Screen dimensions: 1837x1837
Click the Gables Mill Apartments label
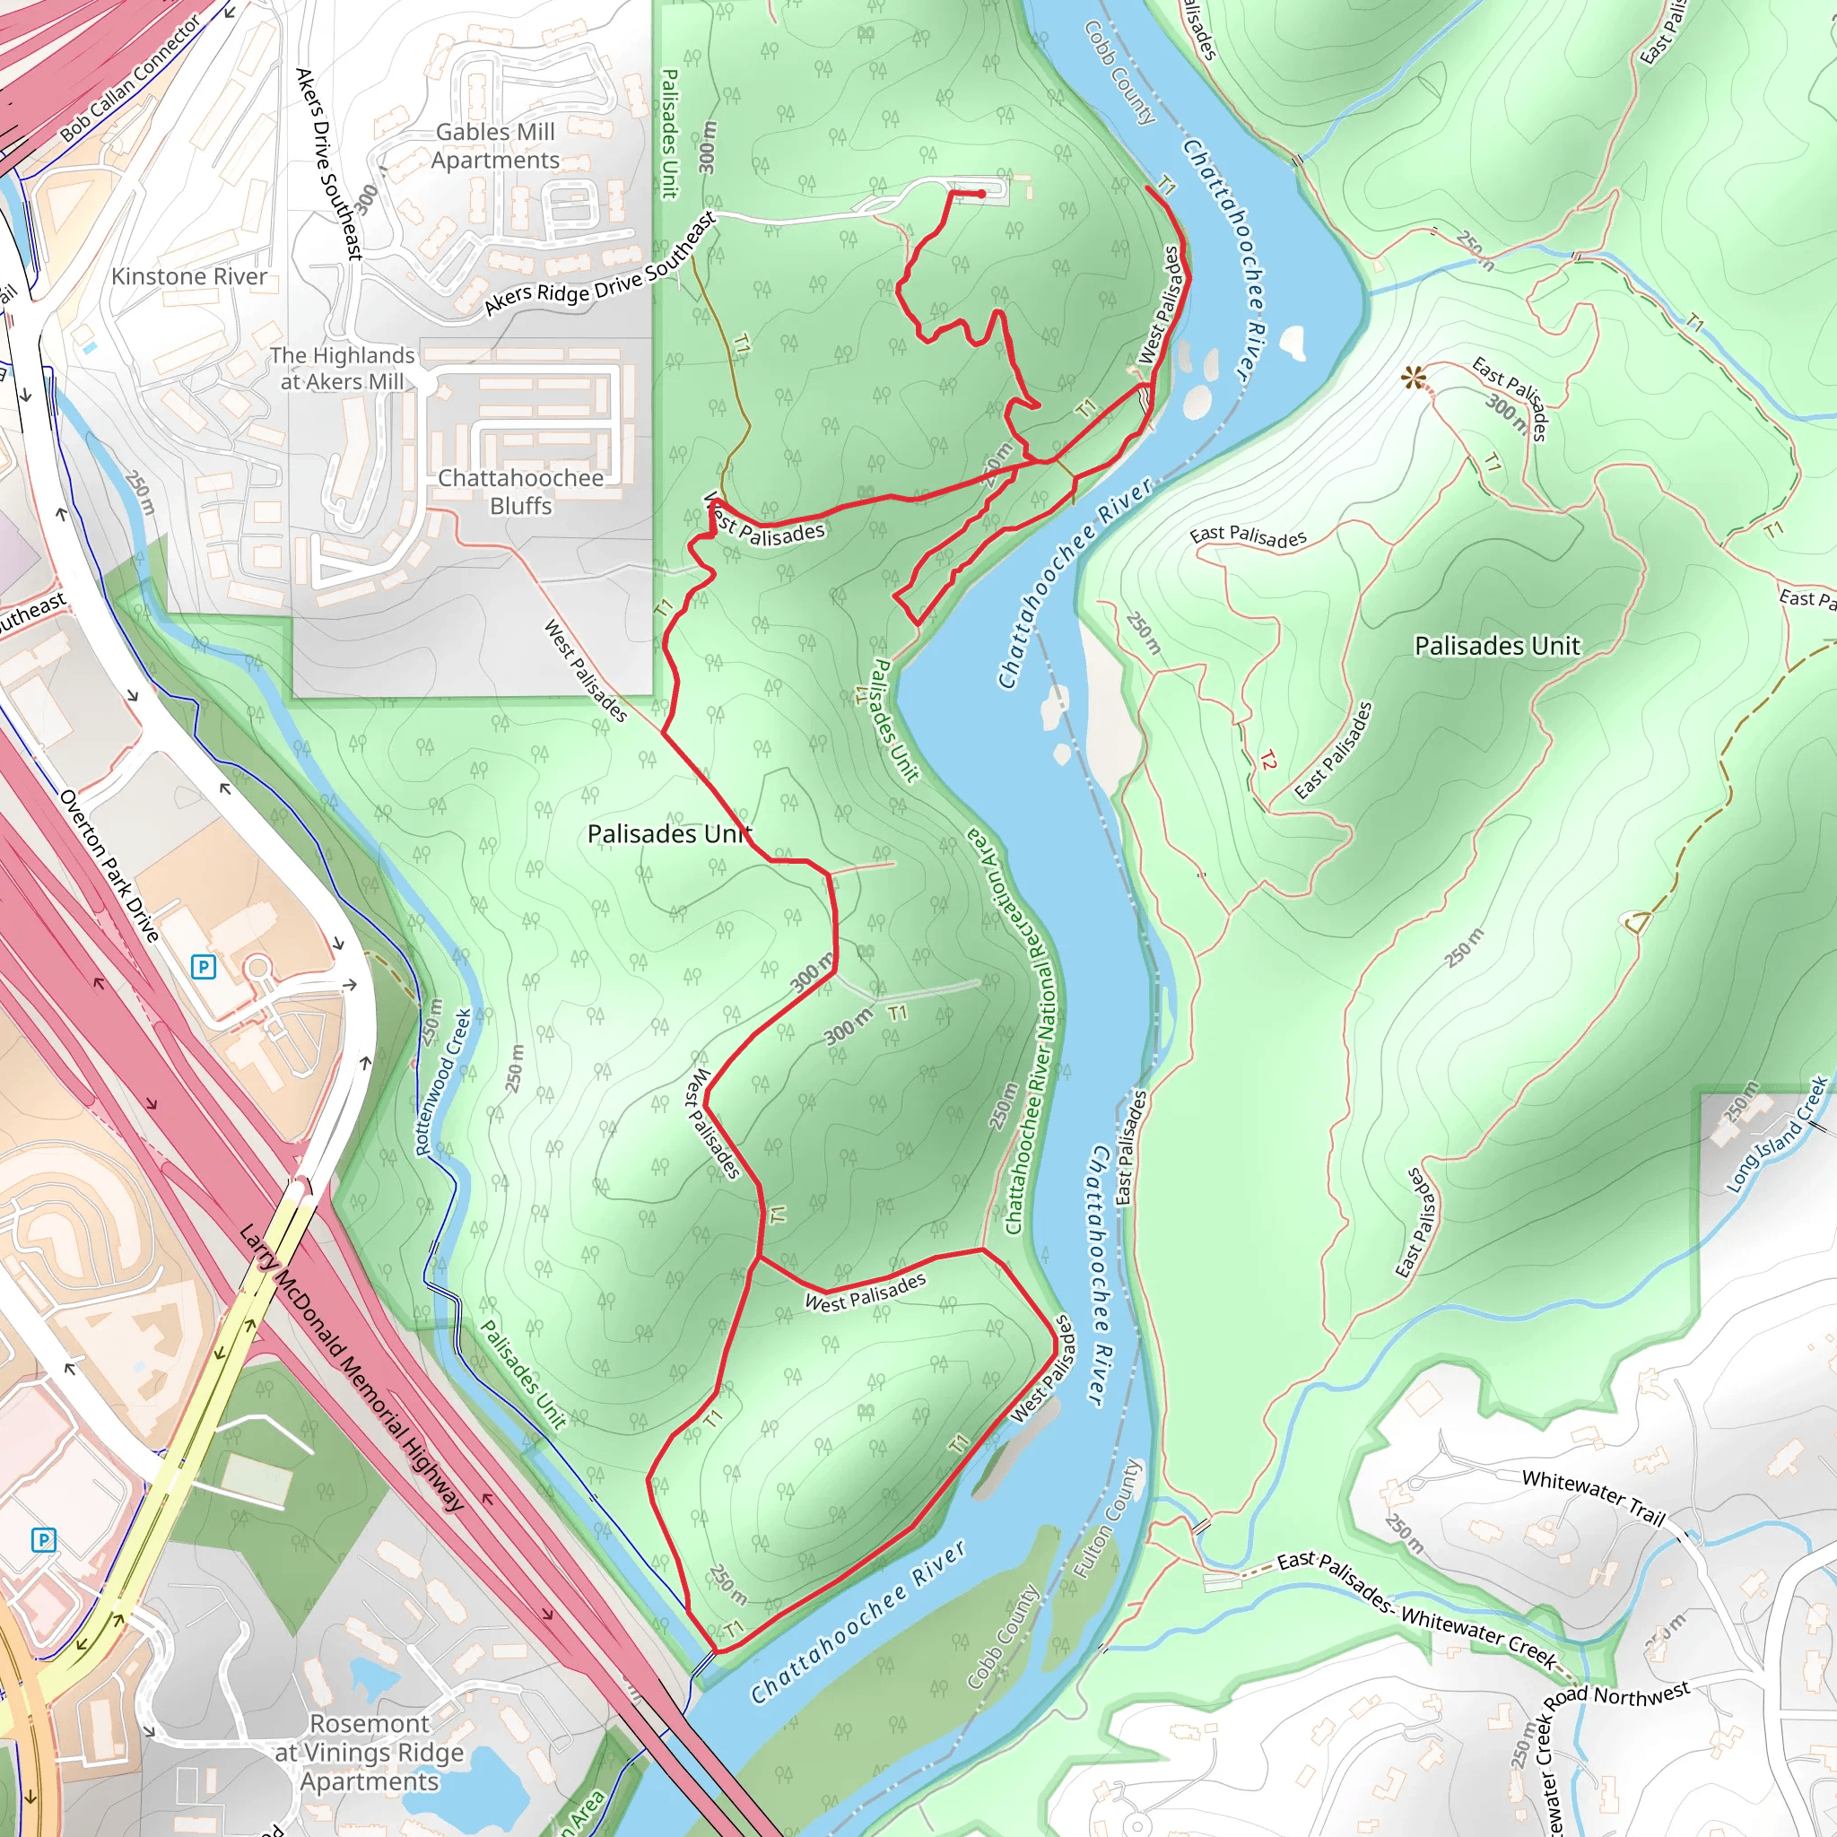click(x=495, y=146)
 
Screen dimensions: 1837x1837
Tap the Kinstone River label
click(x=189, y=276)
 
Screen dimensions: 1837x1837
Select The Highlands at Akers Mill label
click(x=343, y=368)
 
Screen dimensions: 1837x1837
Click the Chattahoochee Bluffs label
click(x=520, y=492)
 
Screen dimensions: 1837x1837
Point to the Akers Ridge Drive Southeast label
click(x=600, y=265)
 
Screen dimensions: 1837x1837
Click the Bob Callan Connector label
click(x=130, y=78)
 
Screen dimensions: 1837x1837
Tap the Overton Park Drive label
click(x=109, y=866)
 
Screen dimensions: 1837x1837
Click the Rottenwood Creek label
click(x=444, y=1082)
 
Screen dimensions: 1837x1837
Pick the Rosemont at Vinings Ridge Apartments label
click(x=370, y=1752)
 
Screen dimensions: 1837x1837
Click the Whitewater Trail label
click(x=1593, y=1498)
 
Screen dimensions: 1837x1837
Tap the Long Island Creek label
click(x=1776, y=1135)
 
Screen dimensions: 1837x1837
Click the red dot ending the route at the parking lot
click(x=982, y=194)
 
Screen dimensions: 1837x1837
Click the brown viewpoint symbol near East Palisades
click(x=1413, y=379)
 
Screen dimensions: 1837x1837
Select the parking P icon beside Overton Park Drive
click(x=204, y=967)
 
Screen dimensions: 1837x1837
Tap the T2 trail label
click(x=1268, y=760)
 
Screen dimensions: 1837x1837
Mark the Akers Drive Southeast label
click(x=329, y=162)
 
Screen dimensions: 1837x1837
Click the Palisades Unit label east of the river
click(x=1497, y=647)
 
